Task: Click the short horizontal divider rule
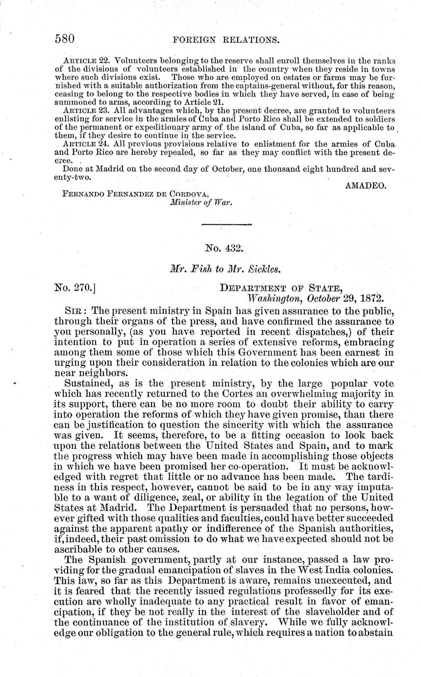click(x=227, y=224)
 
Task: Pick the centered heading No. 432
click(x=226, y=249)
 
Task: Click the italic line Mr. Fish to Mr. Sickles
click(x=226, y=269)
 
